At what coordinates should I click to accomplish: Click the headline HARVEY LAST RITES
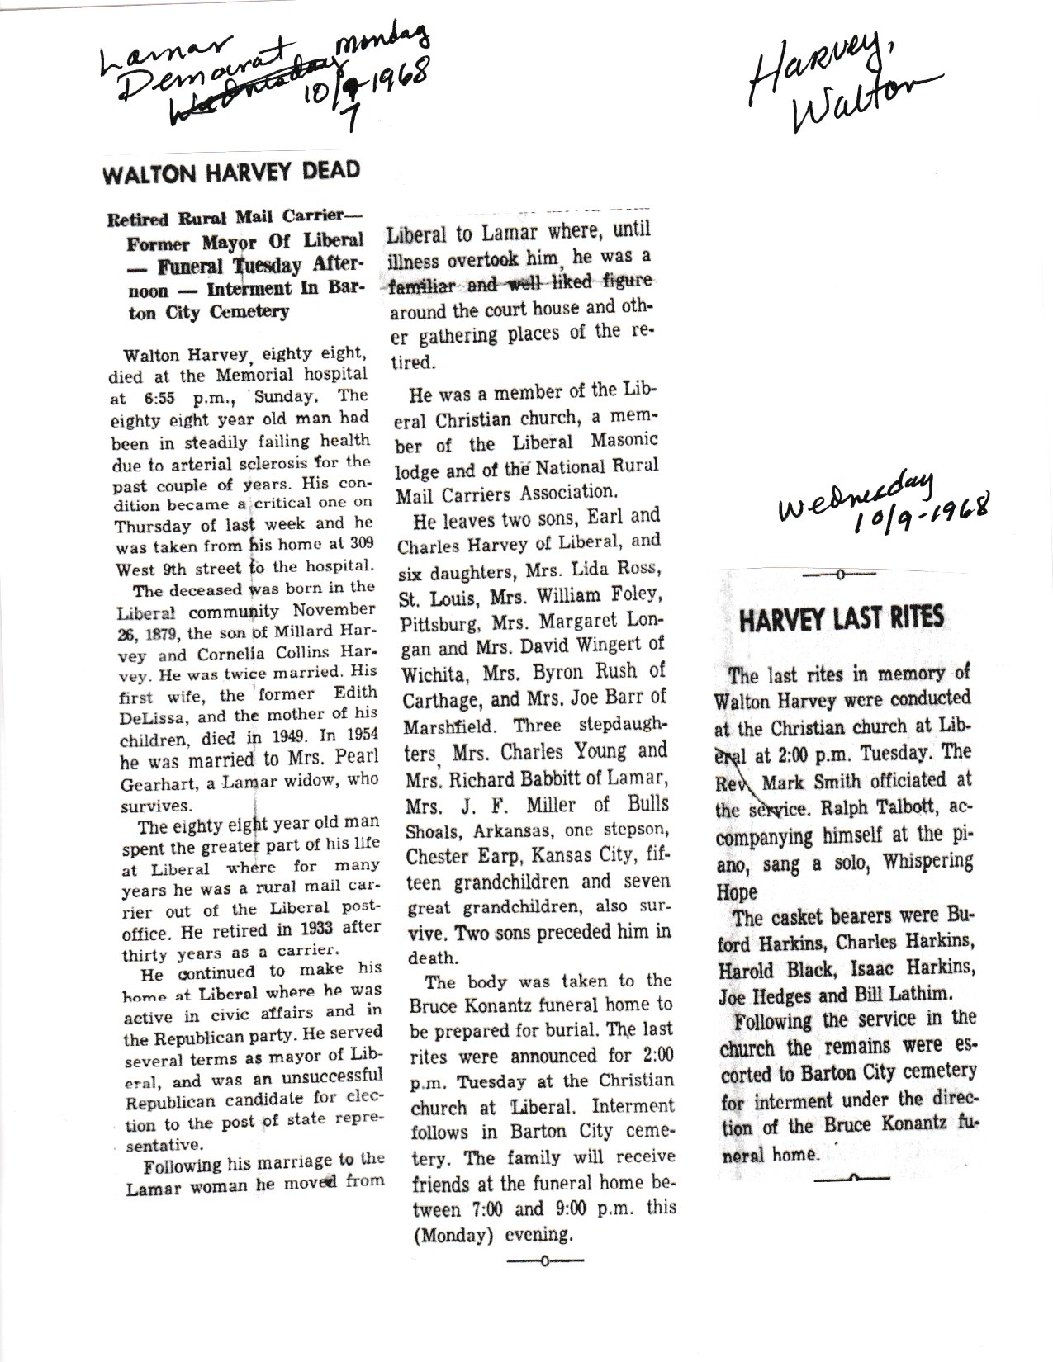841,620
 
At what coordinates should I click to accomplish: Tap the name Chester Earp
465,855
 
